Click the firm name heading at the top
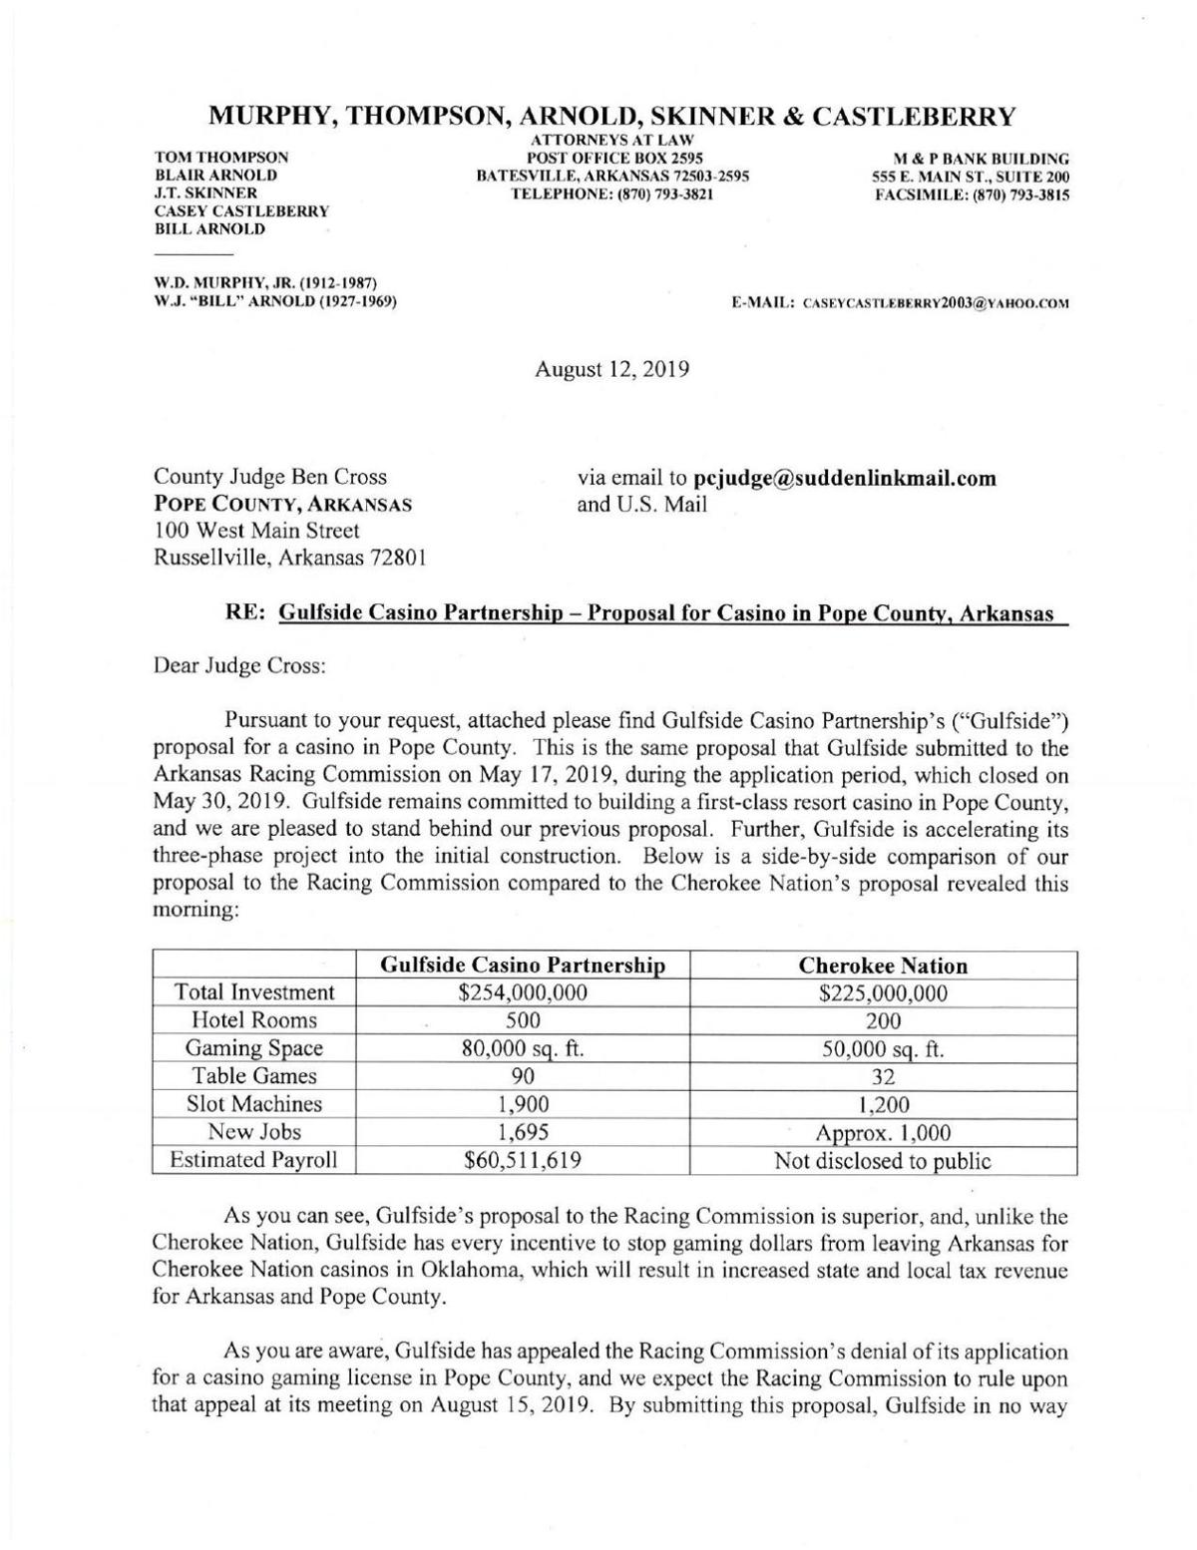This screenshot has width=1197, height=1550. click(x=611, y=117)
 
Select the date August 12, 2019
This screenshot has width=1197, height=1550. click(x=611, y=369)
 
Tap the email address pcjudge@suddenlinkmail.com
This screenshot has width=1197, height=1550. click(x=844, y=478)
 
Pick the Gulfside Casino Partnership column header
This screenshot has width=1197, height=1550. click(x=524, y=966)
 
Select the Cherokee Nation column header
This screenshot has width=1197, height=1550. click(x=884, y=966)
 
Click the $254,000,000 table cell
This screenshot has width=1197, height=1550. click(x=524, y=993)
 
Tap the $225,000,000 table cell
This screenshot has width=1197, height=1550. click(x=884, y=993)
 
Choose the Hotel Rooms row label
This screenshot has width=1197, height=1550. click(x=254, y=1020)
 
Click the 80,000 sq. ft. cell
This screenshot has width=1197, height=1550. click(x=524, y=1048)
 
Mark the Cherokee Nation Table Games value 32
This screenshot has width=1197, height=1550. click(x=884, y=1076)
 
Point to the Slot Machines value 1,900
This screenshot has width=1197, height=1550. click(x=524, y=1104)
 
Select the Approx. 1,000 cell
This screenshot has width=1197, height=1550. click(x=884, y=1133)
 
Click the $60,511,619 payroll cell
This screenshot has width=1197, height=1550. click(x=524, y=1161)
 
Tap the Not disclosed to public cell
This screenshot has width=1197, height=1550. click(x=884, y=1161)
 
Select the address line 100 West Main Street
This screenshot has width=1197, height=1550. click(x=256, y=532)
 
